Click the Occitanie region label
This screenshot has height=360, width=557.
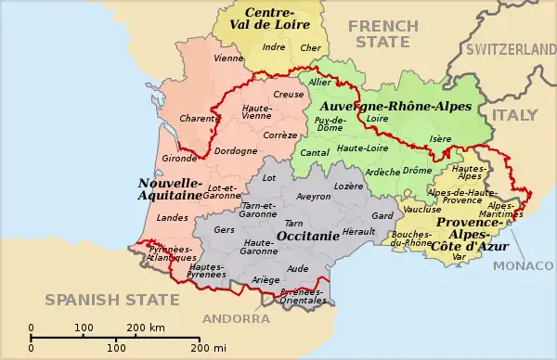(x=307, y=237)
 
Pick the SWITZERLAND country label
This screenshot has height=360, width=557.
(x=510, y=47)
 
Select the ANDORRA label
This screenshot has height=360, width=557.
(x=236, y=317)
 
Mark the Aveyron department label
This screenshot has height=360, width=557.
(x=313, y=196)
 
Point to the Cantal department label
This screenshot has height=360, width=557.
(x=315, y=152)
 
